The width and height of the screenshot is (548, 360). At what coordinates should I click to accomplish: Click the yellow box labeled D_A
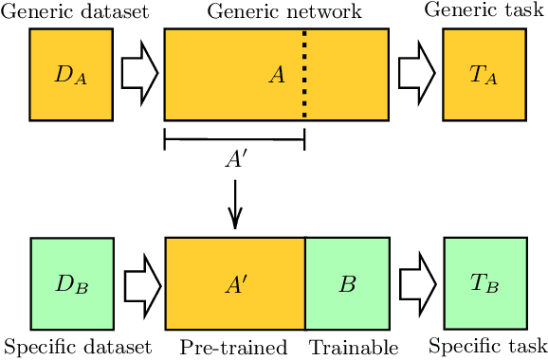[71, 75]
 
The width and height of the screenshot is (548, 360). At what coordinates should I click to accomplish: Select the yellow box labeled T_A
[484, 75]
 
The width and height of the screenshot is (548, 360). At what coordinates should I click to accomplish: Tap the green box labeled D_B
[71, 283]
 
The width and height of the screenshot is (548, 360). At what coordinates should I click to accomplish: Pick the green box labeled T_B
[484, 283]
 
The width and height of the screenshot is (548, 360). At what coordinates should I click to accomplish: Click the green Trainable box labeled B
[346, 283]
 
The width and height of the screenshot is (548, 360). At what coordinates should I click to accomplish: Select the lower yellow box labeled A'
[235, 283]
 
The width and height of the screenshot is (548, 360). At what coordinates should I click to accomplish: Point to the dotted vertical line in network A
[304, 75]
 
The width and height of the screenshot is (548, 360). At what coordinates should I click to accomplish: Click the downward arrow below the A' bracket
[235, 208]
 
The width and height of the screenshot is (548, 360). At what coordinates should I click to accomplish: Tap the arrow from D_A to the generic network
[138, 75]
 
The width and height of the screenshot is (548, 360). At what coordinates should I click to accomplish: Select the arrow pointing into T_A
[415, 75]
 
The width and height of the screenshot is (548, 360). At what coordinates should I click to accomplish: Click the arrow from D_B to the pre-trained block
[138, 283]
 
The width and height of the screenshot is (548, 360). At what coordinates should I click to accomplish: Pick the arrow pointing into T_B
[415, 283]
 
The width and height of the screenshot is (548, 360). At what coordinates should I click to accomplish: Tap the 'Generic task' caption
[484, 10]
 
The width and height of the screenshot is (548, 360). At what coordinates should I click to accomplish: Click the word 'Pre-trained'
[233, 347]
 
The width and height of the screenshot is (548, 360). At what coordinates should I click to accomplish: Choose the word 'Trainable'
[353, 347]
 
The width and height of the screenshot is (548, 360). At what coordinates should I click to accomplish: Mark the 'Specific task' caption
[488, 345]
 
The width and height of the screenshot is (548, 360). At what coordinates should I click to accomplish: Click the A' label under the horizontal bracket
[235, 160]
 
